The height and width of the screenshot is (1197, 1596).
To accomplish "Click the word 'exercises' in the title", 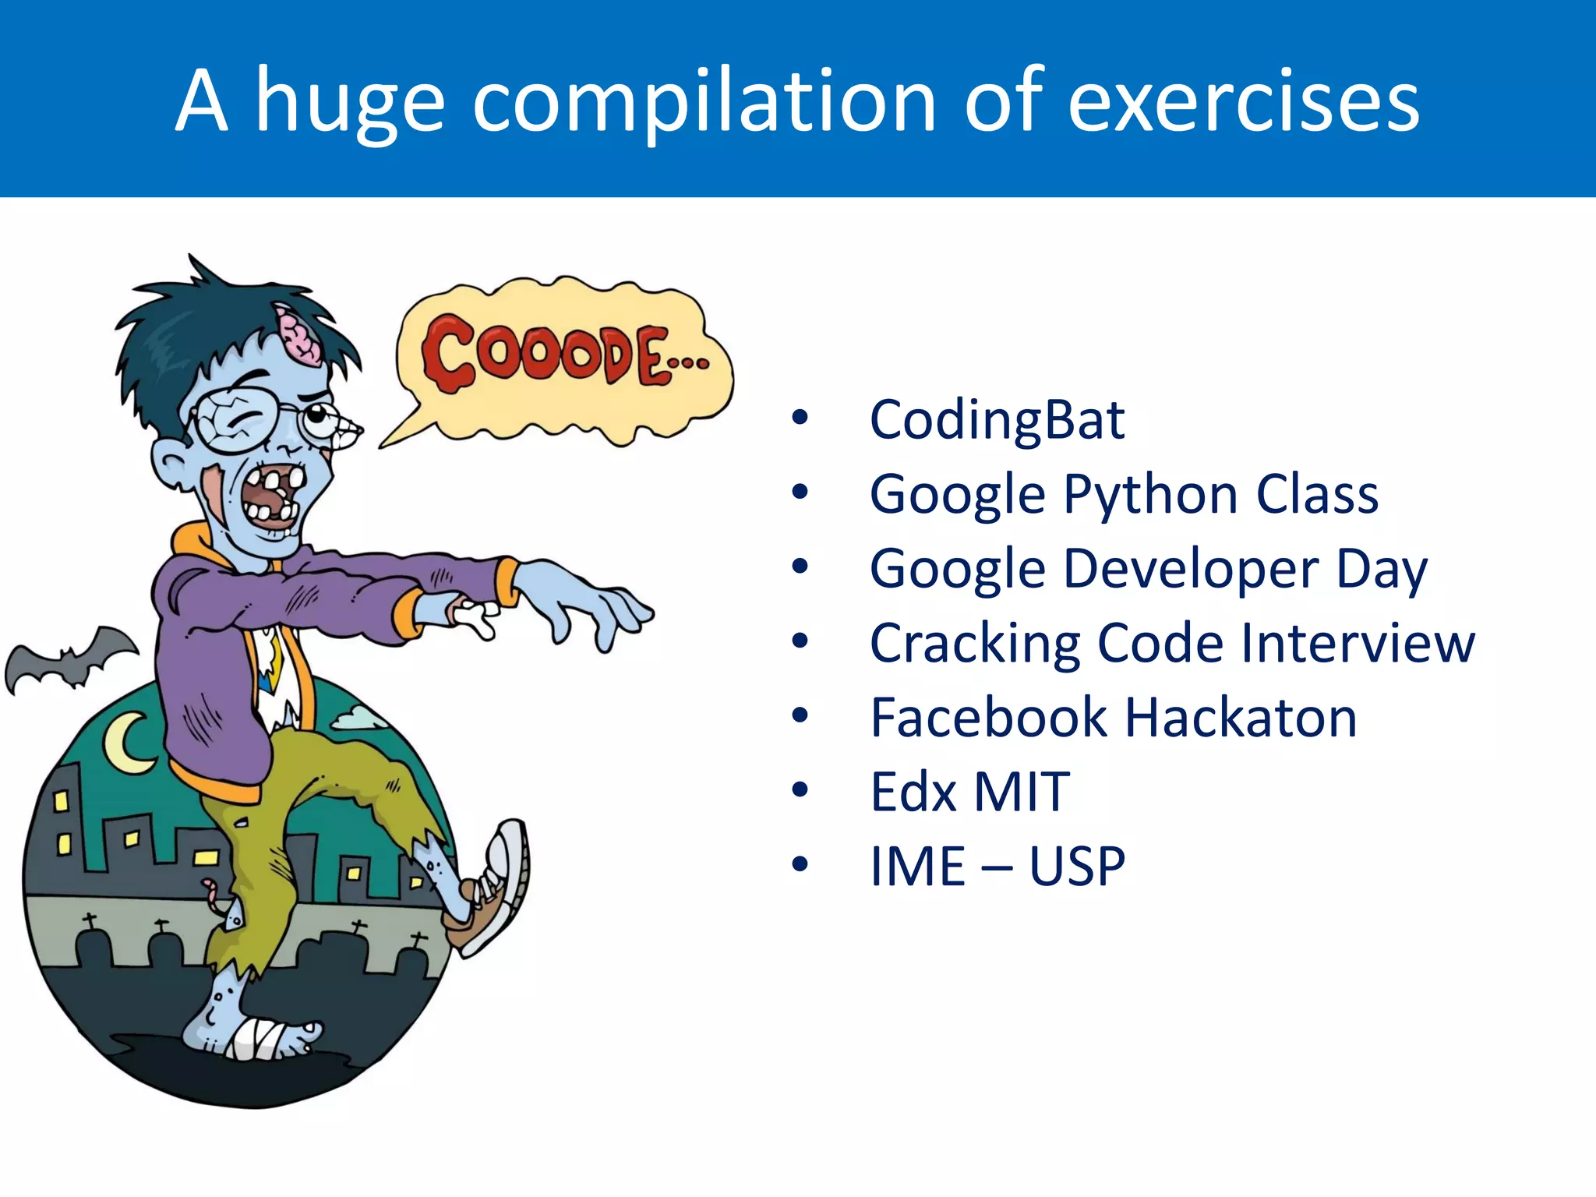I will click(x=1243, y=101).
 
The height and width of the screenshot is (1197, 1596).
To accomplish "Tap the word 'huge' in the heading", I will click(x=350, y=105).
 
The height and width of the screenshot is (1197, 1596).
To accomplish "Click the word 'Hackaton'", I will click(x=1241, y=718).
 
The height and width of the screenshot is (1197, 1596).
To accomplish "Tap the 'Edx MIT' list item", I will click(x=969, y=792).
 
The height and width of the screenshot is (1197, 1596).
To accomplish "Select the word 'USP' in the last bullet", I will click(x=1077, y=866).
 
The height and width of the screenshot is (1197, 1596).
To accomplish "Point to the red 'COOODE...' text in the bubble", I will click(x=561, y=355).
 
